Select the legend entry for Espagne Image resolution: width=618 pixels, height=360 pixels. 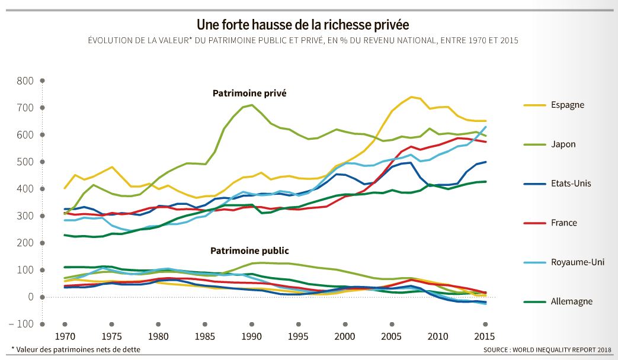click(567, 105)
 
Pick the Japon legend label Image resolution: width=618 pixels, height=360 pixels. click(563, 144)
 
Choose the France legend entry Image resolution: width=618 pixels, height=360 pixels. click(563, 223)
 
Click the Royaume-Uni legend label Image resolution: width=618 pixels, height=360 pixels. click(577, 262)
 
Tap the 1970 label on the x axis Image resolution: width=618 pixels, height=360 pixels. click(65, 336)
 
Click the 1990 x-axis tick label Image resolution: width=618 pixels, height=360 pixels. click(251, 336)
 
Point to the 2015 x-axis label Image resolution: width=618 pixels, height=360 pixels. click(485, 336)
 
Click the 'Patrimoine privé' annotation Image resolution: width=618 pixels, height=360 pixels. click(249, 93)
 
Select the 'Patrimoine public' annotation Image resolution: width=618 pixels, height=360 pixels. click(249, 251)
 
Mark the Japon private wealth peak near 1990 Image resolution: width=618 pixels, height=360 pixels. click(252, 105)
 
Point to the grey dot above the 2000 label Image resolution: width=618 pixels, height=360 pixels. click(345, 324)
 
